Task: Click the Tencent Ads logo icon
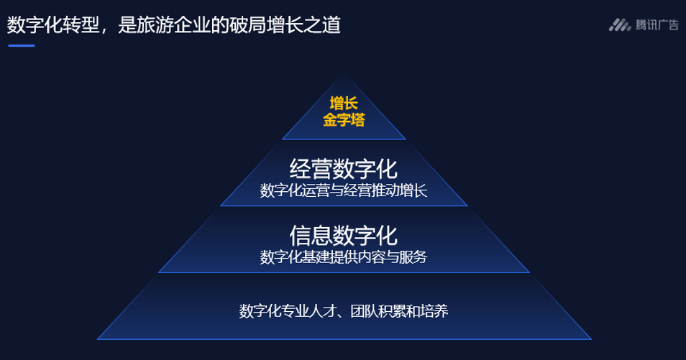tap(620, 25)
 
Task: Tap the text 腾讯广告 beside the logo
tap(657, 25)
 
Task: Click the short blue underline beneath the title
tap(22, 45)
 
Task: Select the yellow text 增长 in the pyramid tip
tap(344, 103)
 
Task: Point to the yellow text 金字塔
tap(344, 119)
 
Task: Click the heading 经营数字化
tap(344, 169)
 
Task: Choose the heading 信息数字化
tap(344, 236)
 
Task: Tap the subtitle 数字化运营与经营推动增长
tap(344, 190)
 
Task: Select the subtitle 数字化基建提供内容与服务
tap(344, 257)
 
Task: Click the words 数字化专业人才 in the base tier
tap(288, 311)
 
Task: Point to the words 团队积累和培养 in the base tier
tap(399, 311)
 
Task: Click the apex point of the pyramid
tap(344, 74)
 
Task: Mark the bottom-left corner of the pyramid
tap(98, 339)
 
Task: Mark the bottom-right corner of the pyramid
tap(591, 339)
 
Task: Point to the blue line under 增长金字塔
tap(344, 139)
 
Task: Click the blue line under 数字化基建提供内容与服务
tap(344, 272)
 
